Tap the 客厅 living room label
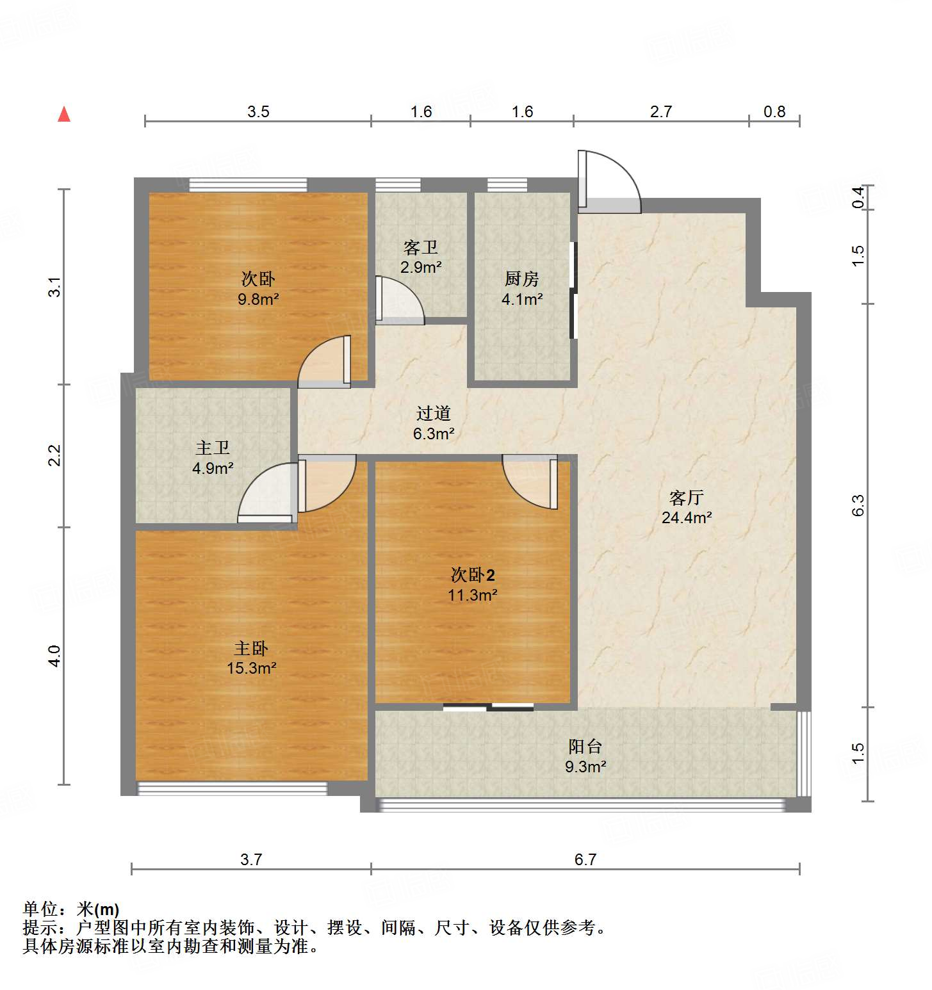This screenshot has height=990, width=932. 686,498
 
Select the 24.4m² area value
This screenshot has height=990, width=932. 686,517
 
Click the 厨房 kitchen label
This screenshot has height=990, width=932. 521,279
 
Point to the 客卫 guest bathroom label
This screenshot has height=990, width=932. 421,247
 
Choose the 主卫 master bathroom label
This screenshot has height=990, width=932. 212,448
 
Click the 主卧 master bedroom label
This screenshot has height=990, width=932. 251,648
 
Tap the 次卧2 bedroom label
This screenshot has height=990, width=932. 473,574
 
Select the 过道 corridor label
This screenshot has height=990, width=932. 434,414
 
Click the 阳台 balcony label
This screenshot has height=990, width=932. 585,746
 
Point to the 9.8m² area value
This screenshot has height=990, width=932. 258,299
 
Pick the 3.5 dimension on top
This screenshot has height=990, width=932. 258,112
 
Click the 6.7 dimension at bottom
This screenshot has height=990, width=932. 585,859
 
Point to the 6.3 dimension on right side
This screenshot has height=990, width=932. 858,505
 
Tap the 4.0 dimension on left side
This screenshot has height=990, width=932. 55,656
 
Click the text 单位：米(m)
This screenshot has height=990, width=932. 71,909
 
